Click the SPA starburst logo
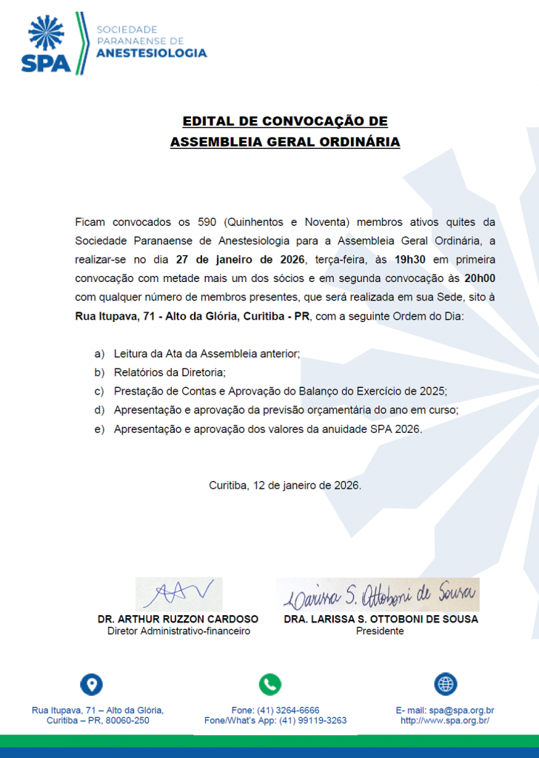coord(46,34)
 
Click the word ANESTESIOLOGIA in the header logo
coord(152,53)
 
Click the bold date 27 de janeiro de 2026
coord(241,260)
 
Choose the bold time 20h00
coord(480,279)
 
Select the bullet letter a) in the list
coord(99,354)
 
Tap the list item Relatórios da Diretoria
coord(169,372)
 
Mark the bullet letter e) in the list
coord(99,429)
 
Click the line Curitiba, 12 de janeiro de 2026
coord(285,486)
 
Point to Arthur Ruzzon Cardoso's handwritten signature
coord(178,594)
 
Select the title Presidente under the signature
coord(380,631)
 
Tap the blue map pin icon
coord(91,684)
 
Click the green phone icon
coord(269,684)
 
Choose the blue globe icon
coord(445,684)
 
